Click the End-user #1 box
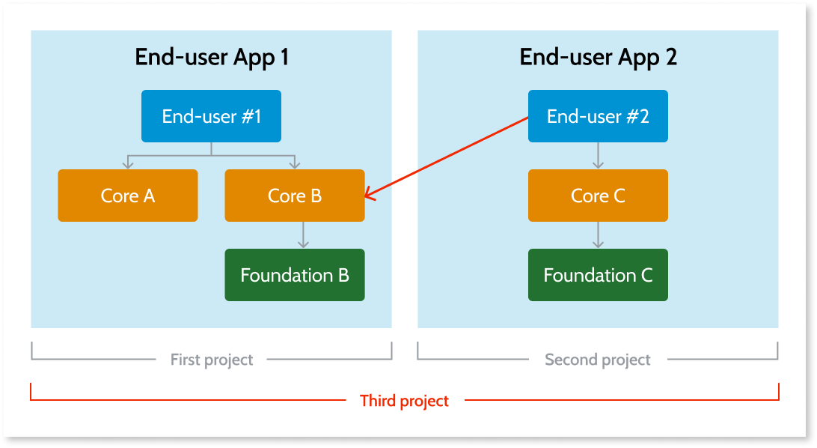coord(211,116)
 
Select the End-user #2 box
coord(597,116)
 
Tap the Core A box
coord(128,196)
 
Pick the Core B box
coord(295,196)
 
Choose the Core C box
coord(597,196)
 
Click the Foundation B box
coord(295,275)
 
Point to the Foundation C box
coord(597,275)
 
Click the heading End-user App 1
coord(212,57)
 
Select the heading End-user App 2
coord(598,57)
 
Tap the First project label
coord(212,360)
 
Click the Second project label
coord(598,360)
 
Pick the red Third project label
coord(404,401)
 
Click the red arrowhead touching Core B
coord(368,196)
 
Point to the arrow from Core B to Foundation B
coord(302,234)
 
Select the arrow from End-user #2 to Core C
coord(597,155)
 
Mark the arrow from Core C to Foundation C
coord(597,234)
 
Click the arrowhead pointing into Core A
coord(128,164)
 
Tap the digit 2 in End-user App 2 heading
coord(670,58)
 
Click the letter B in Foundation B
coord(343,275)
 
